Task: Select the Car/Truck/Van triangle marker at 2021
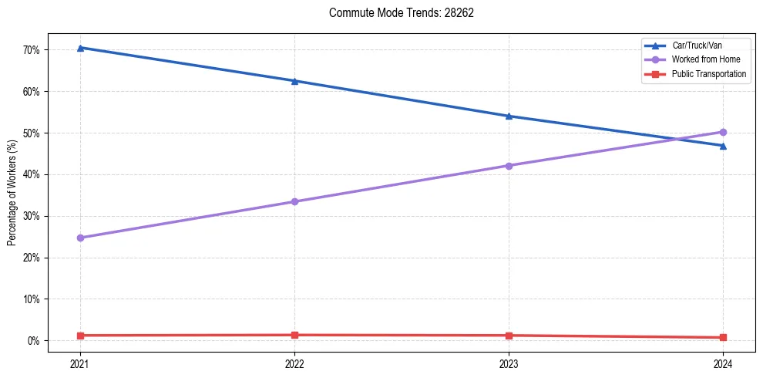80,48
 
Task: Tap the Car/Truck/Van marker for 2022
294,81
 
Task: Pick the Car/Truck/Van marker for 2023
509,116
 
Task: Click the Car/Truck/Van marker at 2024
723,146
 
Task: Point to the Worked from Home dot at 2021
80,238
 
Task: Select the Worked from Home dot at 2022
294,201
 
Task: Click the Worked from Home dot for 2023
509,166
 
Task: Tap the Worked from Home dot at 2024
723,132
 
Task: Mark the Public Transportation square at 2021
80,336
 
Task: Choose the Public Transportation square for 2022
294,335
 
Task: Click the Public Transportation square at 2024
723,337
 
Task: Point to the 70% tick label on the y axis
33,50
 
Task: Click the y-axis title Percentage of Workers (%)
12,192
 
